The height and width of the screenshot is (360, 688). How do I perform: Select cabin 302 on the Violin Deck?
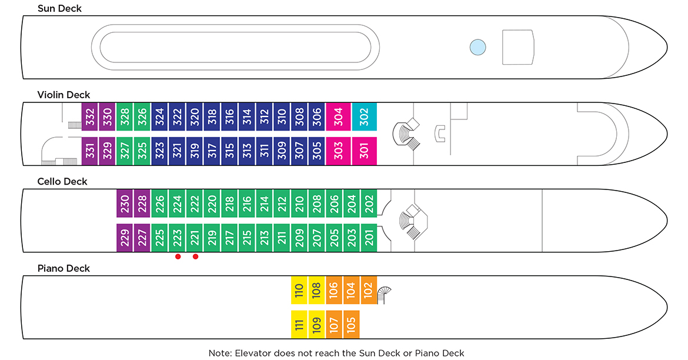tap(364, 116)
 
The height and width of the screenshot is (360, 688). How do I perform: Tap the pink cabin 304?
tap(338, 116)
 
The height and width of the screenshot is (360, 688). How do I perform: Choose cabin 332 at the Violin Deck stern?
tap(89, 116)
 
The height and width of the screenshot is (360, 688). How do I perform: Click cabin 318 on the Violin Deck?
tap(212, 116)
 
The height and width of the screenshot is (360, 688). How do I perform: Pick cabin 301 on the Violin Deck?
tap(364, 151)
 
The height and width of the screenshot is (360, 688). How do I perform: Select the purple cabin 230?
tap(125, 204)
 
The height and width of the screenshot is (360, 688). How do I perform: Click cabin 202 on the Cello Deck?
tap(369, 204)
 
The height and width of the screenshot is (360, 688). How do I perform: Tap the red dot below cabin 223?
tap(178, 256)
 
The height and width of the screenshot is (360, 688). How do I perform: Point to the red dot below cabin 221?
tap(195, 256)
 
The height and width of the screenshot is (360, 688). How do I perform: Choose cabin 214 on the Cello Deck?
tap(264, 204)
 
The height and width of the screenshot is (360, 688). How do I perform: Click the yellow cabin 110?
tap(299, 290)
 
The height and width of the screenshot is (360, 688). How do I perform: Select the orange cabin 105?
tap(351, 324)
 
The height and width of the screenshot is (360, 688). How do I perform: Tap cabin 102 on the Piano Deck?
tap(369, 290)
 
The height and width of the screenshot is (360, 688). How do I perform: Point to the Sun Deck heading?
tap(59, 8)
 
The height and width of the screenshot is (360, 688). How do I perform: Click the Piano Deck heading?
tap(64, 268)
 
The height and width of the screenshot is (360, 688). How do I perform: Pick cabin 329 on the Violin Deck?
tap(107, 151)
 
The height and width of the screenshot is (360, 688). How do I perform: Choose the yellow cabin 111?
tap(299, 324)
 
